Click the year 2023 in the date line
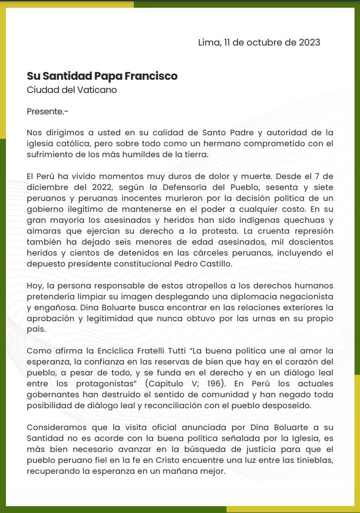pos(309,43)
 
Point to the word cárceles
pos(225,253)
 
